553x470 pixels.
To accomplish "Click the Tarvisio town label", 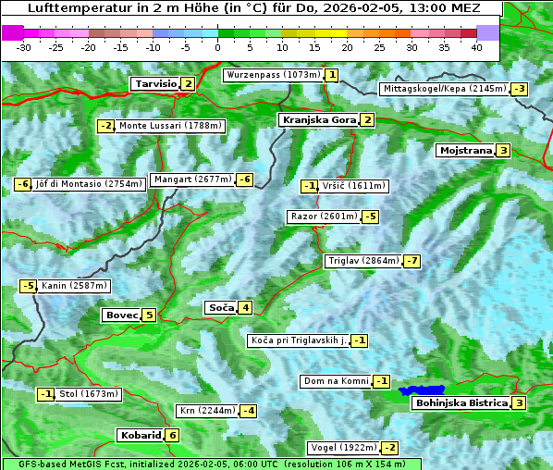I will click(x=154, y=83).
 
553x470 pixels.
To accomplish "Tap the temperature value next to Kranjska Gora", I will click(x=367, y=119).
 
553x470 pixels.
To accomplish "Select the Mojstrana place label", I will click(x=465, y=150).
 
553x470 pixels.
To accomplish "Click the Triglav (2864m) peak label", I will click(x=363, y=261).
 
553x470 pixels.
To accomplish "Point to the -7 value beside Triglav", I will click(x=412, y=261).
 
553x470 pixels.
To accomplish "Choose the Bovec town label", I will click(x=121, y=315).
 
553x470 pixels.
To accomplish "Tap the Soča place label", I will click(x=220, y=307).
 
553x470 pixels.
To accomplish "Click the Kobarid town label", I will click(x=140, y=435).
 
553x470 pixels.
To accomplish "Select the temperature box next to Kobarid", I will click(x=172, y=435).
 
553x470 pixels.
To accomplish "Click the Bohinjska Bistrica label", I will click(x=461, y=402).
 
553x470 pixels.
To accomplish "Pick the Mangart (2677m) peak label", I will click(x=192, y=179).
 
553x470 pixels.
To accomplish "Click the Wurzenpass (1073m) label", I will click(x=274, y=75).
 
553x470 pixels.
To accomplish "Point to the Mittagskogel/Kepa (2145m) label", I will click(x=444, y=89).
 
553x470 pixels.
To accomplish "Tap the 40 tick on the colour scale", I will click(x=476, y=46).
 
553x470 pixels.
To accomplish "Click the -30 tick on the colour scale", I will click(x=24, y=46).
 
